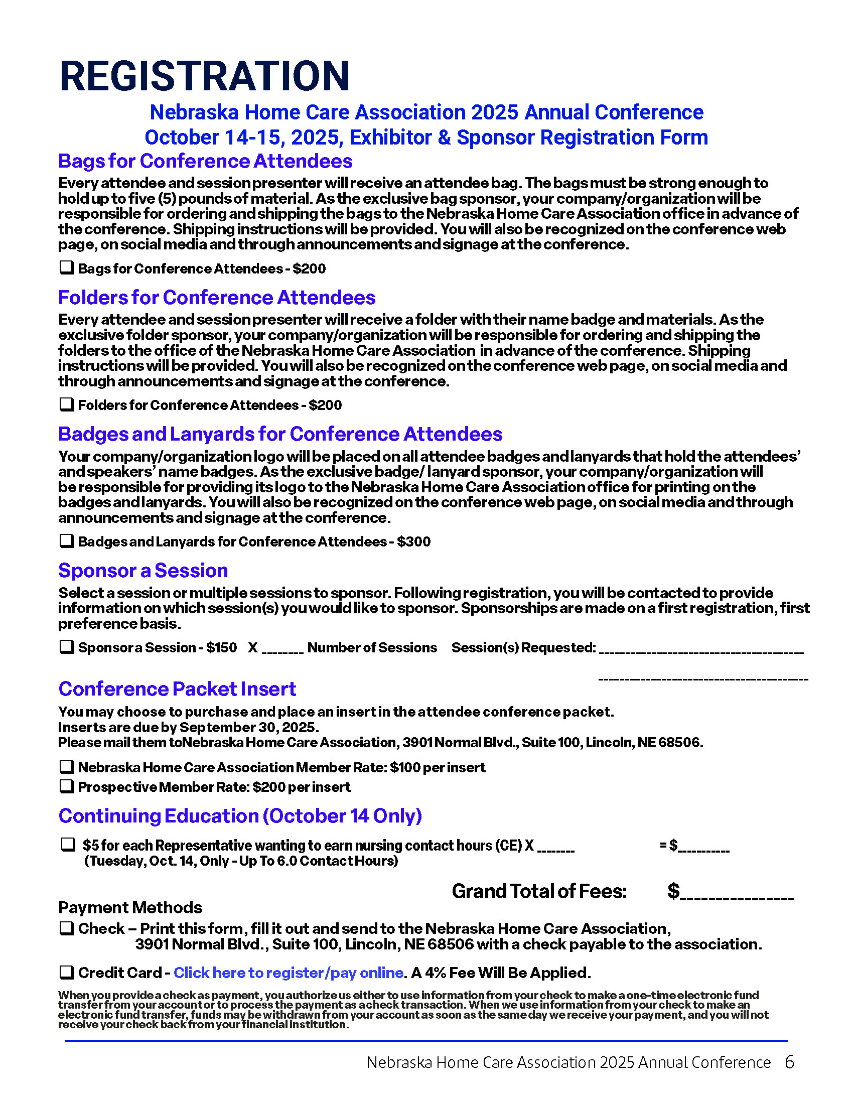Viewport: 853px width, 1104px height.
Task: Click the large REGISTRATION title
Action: (204, 76)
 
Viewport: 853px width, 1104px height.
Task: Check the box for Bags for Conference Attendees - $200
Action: (67, 267)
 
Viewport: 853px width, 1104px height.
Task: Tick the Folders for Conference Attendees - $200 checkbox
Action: (67, 404)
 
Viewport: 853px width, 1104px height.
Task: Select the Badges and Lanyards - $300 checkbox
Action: (67, 540)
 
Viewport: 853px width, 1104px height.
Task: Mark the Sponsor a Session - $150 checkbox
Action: (67, 646)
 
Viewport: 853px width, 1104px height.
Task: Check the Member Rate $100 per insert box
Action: (67, 766)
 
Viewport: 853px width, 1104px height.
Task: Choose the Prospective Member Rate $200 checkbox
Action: (67, 786)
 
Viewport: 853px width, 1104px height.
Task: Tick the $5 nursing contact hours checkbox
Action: (68, 844)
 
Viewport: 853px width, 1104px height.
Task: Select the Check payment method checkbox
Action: (67, 928)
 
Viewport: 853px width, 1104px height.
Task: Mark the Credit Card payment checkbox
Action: (67, 972)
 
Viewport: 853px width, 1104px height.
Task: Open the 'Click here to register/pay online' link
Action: (288, 973)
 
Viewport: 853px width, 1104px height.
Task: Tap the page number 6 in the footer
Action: (789, 1062)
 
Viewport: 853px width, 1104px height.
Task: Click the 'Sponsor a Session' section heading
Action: (143, 570)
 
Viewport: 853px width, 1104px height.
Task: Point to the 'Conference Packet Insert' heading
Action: (177, 688)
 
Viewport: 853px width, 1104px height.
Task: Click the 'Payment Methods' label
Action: (130, 907)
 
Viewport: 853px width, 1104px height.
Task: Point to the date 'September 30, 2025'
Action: (248, 727)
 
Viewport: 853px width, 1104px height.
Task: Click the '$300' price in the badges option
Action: (413, 541)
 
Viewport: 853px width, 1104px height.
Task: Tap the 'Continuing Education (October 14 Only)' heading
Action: (240, 815)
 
